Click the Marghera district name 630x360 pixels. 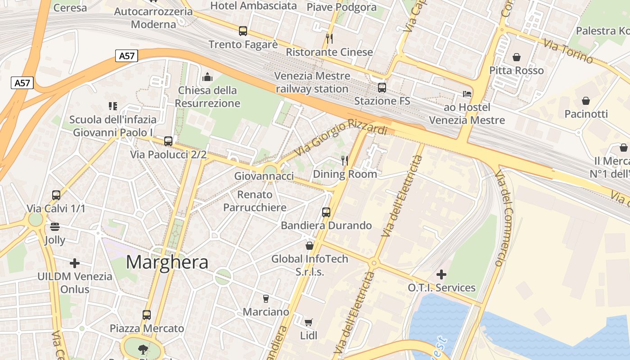tap(167, 262)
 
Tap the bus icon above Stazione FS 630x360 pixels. tap(382, 88)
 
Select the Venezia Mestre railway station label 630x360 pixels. tap(312, 82)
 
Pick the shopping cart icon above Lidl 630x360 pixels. tap(309, 322)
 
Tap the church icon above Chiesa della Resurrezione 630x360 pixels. tap(207, 77)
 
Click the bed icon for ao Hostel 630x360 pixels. tap(467, 94)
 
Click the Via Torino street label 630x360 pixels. tap(568, 51)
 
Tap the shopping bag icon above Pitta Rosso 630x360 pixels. tap(517, 57)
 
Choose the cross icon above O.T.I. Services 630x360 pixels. tap(441, 274)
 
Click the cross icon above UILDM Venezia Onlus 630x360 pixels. tap(75, 263)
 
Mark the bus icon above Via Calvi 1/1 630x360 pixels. tap(56, 195)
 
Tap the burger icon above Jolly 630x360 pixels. tap(55, 226)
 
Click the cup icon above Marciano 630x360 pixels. tap(265, 298)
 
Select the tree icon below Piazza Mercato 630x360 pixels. tap(143, 349)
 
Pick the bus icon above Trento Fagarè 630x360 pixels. tap(243, 31)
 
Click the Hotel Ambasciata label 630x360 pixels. tap(254, 6)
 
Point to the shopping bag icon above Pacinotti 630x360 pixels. tap(586, 101)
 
